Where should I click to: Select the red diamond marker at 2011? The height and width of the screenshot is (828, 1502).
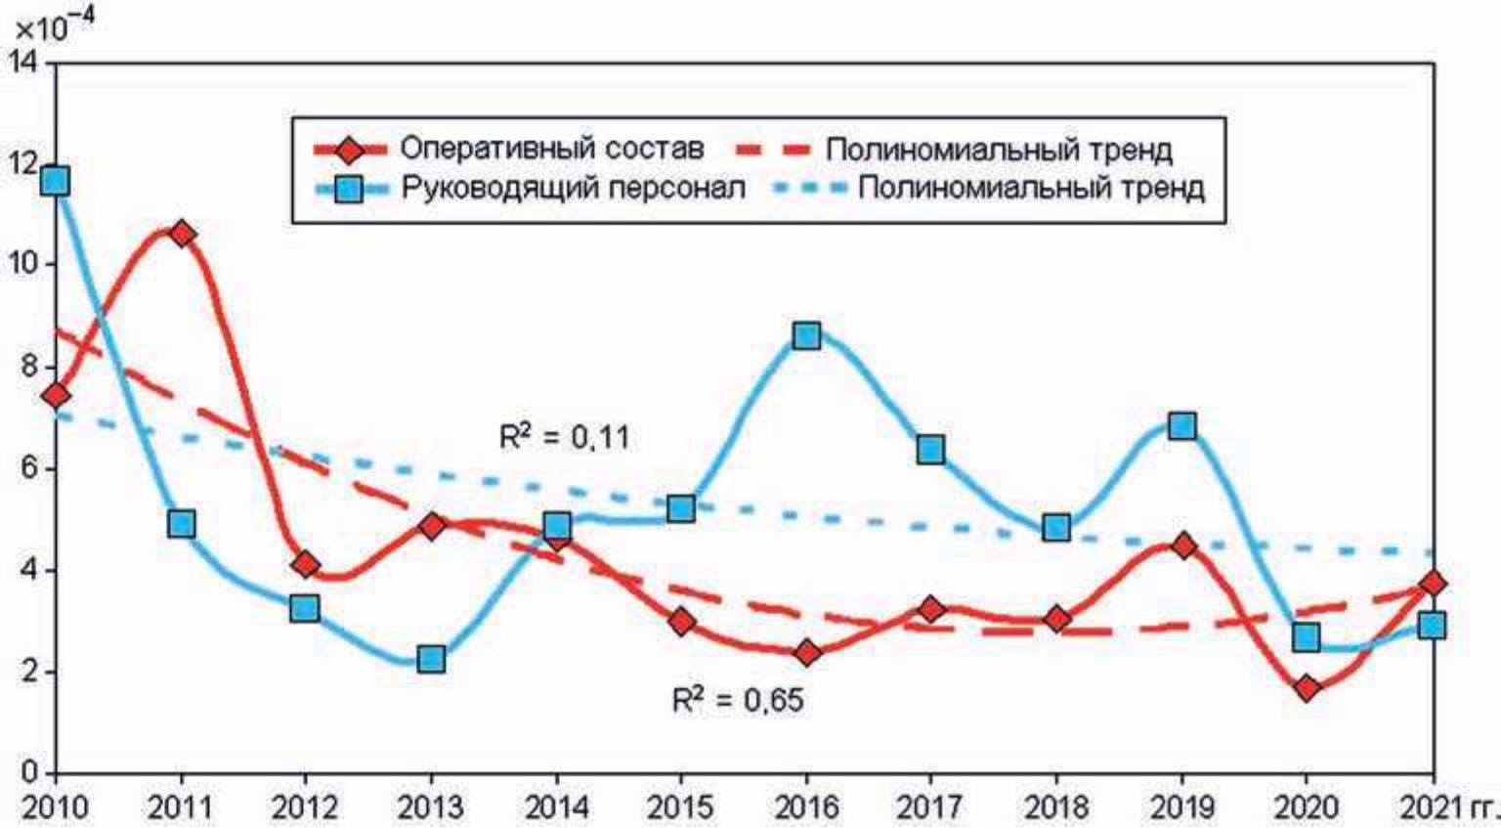(181, 234)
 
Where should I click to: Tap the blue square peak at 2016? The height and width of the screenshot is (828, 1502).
(806, 336)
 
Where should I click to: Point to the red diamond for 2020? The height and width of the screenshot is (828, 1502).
(1307, 688)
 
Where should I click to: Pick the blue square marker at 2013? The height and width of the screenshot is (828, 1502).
(431, 658)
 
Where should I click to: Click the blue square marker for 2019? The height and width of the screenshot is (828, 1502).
(1181, 426)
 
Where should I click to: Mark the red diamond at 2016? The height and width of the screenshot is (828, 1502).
(806, 653)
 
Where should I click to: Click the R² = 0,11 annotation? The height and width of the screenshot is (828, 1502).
(564, 437)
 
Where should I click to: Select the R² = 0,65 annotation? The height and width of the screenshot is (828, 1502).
(738, 700)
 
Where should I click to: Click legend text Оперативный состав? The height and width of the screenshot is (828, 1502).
(551, 149)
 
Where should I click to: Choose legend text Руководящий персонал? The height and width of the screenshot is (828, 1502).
(573, 188)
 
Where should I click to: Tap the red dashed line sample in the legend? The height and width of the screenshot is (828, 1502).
(773, 150)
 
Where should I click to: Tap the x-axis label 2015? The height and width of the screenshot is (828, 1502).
(680, 807)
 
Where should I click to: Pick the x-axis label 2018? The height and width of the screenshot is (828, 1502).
(1056, 807)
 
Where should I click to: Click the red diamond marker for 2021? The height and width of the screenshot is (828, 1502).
(1433, 584)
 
